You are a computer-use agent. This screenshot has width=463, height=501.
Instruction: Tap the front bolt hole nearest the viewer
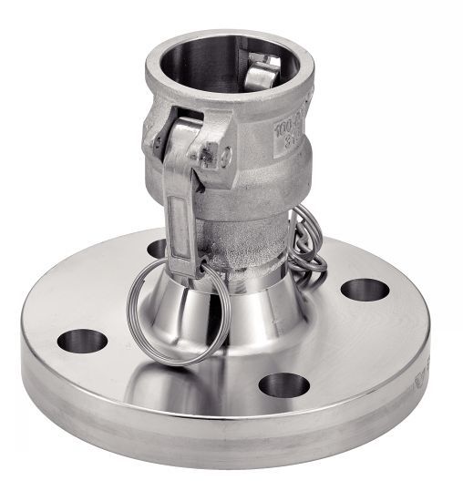[x=283, y=384]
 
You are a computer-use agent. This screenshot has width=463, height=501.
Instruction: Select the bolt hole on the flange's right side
[x=365, y=290]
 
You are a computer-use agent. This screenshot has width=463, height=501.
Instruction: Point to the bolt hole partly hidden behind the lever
[x=157, y=247]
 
